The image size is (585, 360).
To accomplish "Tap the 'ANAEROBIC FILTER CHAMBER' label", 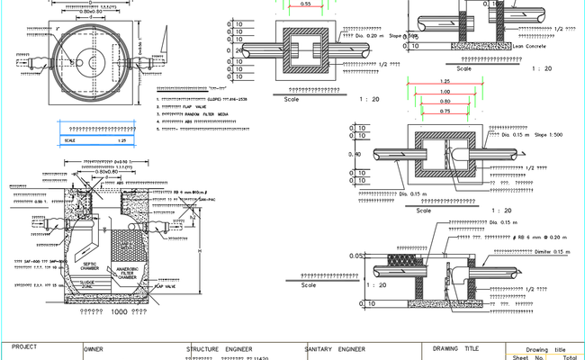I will point(126,274).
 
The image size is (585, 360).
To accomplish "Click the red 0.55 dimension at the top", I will point(306,4).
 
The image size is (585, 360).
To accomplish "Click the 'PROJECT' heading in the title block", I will point(25,346).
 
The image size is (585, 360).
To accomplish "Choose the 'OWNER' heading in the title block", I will point(94,347).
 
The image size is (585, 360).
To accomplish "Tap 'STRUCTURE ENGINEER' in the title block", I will point(219,347).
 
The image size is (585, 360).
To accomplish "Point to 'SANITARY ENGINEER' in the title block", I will point(335,347).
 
